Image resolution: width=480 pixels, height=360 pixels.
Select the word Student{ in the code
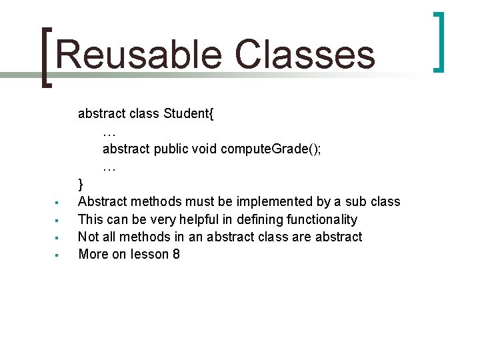click(x=189, y=113)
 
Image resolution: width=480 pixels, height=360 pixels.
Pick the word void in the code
click(x=204, y=149)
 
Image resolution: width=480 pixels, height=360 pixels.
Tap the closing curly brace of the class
click(x=81, y=184)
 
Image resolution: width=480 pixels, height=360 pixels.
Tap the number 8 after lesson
click(x=175, y=254)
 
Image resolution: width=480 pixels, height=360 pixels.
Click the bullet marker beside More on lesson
click(x=58, y=255)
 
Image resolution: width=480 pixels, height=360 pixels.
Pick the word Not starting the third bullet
click(x=89, y=237)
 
